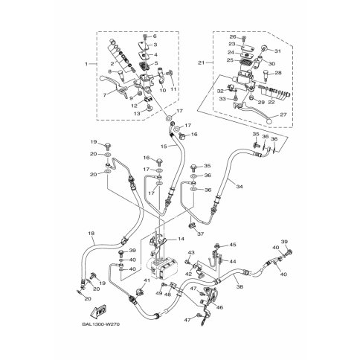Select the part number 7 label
point(106,94)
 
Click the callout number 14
point(181,240)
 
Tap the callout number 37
point(200,234)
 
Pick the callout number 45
point(233,245)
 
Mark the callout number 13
point(136,114)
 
